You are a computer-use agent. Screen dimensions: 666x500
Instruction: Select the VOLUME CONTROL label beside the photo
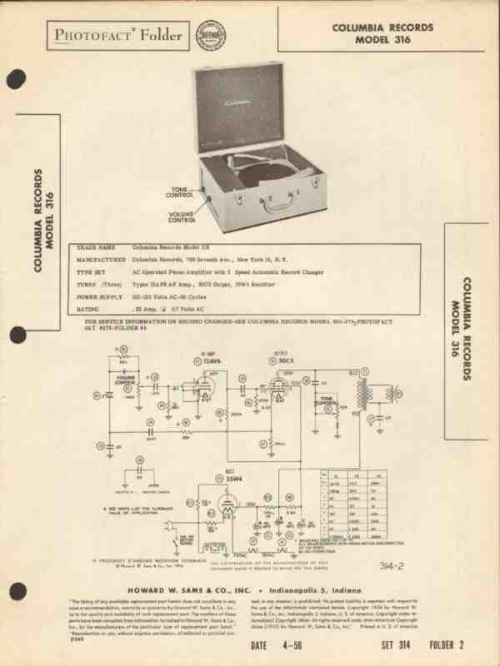tap(181, 219)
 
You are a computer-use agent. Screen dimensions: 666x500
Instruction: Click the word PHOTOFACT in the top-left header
tap(86, 35)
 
